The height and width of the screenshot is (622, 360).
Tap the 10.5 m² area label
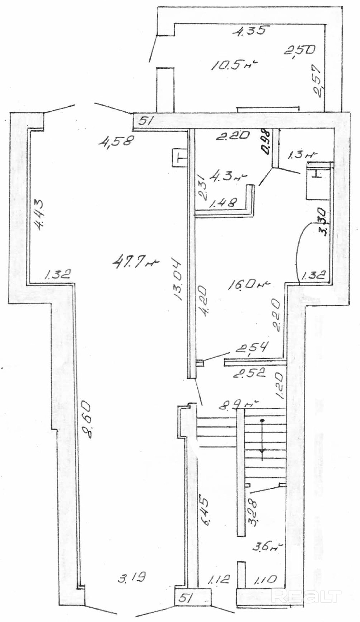[x=235, y=65]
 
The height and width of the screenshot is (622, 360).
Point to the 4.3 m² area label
[x=228, y=177]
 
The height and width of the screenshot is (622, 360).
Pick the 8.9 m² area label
[x=239, y=405]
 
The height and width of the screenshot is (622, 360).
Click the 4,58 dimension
[x=116, y=142]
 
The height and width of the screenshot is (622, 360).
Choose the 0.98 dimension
[x=267, y=142]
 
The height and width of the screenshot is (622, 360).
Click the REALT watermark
[x=306, y=595]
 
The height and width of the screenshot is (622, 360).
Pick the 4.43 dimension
[x=39, y=215]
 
